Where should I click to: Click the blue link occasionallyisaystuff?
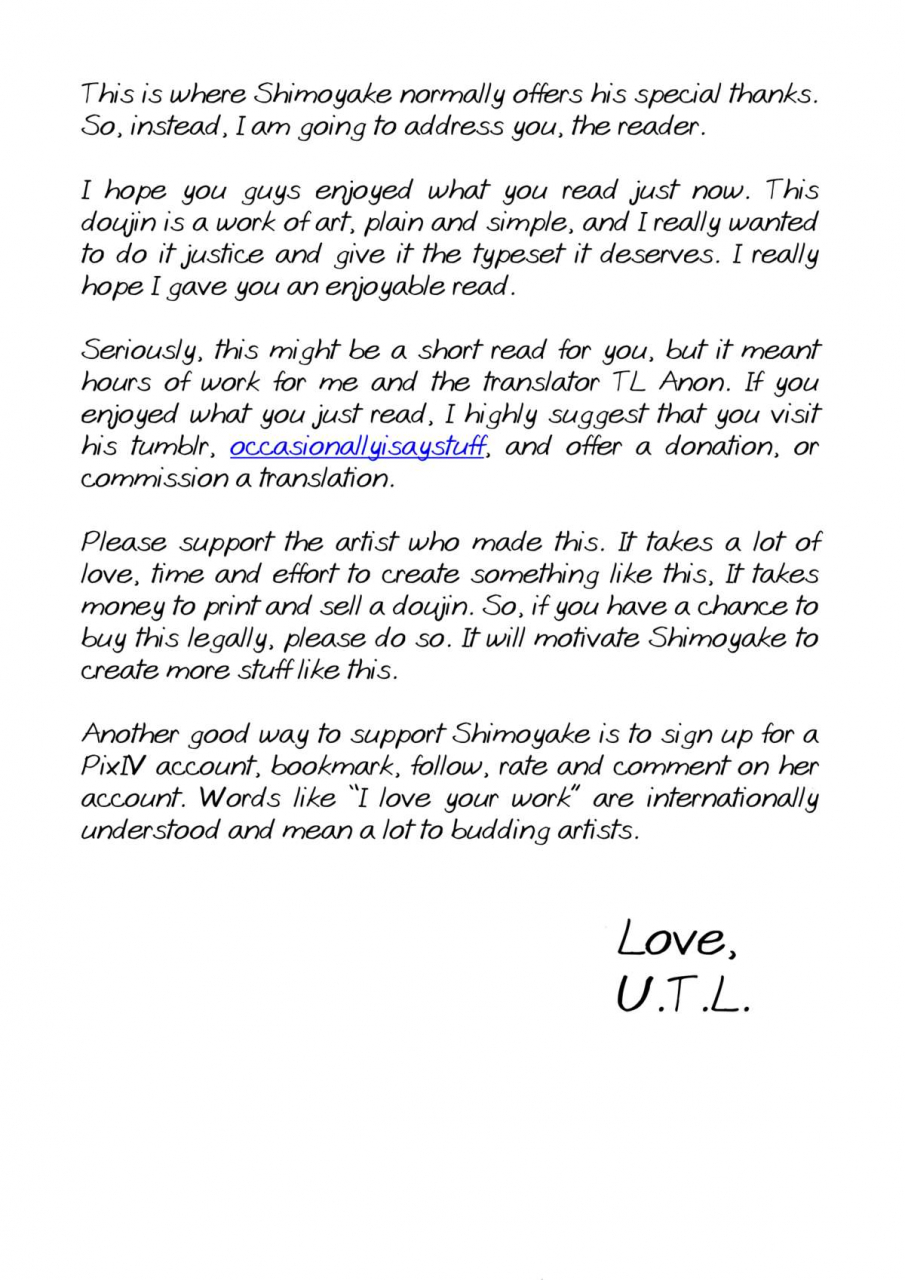357,447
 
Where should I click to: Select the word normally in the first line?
456,95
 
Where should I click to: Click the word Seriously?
144,351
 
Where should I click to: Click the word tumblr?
170,447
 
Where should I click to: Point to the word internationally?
732,799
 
